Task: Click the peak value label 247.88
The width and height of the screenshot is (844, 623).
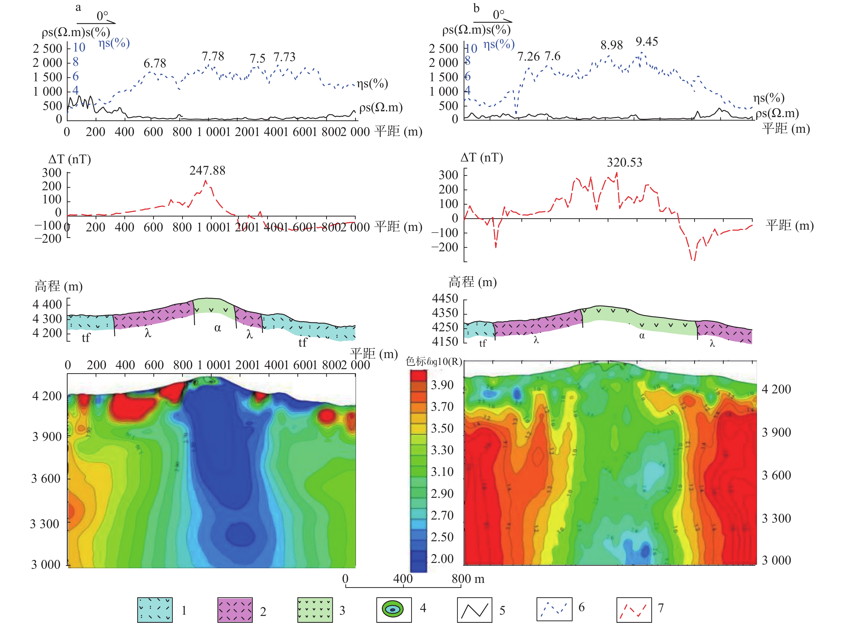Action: coord(207,171)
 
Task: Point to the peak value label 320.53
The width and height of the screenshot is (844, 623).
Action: coord(624,162)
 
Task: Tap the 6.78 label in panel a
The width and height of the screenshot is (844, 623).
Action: coord(155,63)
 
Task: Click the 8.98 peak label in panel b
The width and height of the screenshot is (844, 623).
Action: coord(611,45)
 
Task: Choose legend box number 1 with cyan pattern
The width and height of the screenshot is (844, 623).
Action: coord(155,609)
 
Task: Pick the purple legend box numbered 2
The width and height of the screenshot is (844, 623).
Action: coord(235,609)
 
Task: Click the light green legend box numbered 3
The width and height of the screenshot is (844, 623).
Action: coord(315,609)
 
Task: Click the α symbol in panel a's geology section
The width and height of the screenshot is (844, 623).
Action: coord(217,328)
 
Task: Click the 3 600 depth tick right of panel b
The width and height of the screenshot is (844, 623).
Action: coord(776,475)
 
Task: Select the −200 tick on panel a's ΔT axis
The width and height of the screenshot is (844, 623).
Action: coord(48,239)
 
